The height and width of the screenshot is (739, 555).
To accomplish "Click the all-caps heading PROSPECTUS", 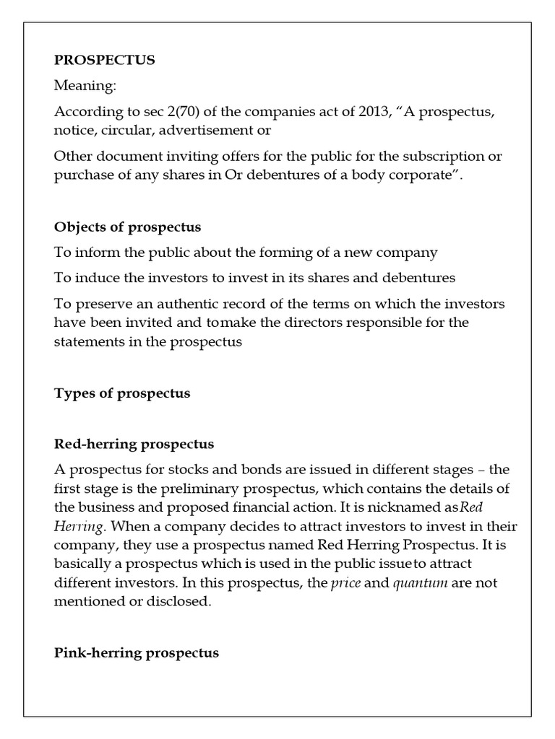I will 105,60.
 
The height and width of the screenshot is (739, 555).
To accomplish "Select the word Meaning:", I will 85,87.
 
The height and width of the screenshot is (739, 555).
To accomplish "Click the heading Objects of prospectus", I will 127,227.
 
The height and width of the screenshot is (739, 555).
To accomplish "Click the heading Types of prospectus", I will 122,393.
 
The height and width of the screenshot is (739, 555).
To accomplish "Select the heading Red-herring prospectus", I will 134,443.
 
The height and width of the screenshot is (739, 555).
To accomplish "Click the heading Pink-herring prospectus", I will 137,653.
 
